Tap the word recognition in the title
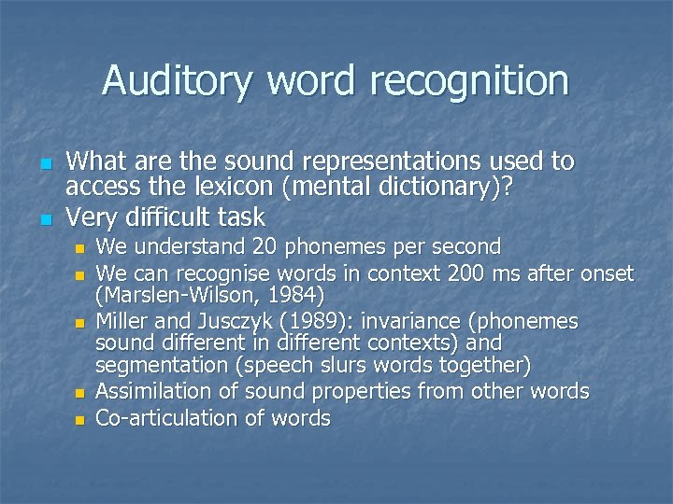[x=468, y=80]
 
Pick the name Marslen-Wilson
[x=179, y=297]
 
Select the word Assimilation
[x=156, y=391]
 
